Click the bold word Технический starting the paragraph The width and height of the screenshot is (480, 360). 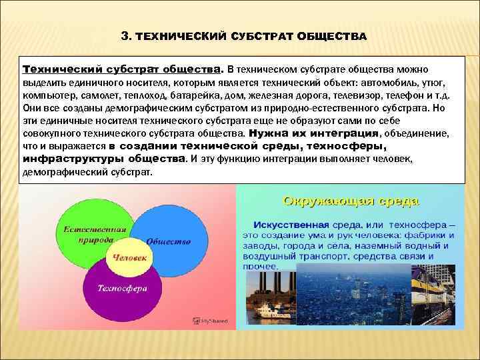point(61,69)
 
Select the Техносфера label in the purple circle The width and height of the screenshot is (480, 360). point(123,289)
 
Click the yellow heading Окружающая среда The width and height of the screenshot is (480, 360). point(351,200)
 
